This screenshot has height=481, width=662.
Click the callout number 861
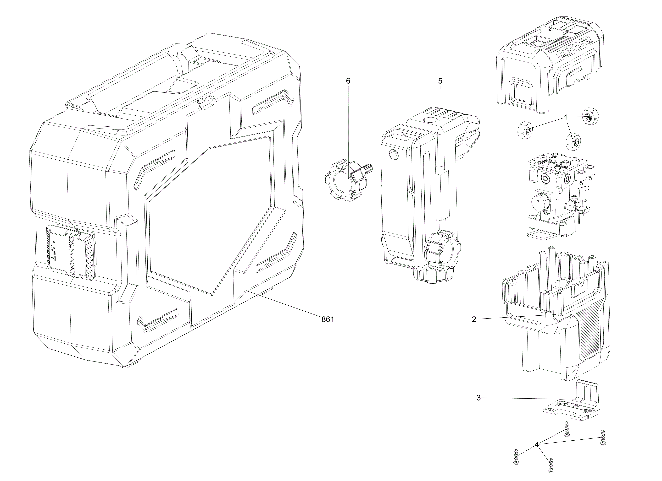[328, 319]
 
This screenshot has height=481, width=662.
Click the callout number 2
[474, 319]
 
